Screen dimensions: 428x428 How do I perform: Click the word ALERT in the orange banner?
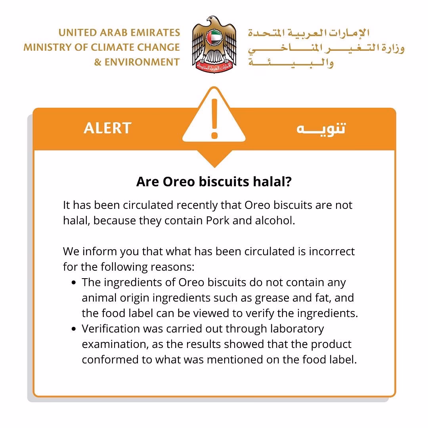107,128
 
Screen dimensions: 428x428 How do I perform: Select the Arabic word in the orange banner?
321,128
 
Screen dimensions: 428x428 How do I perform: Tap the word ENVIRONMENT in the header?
142,62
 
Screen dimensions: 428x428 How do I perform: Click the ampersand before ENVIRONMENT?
97,62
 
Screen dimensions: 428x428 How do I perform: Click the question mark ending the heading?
288,182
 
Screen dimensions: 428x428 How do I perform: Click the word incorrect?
332,251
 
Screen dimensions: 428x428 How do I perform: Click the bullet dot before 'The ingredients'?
74,283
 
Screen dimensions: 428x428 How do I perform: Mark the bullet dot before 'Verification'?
74,329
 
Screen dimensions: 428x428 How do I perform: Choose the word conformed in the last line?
109,359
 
